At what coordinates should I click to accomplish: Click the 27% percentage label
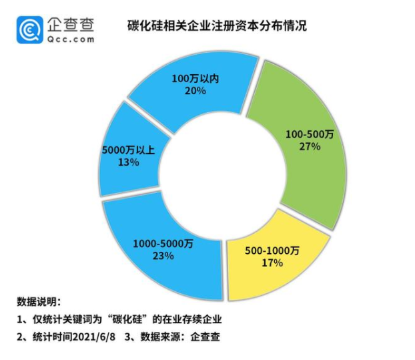311,146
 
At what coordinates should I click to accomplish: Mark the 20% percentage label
195,91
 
